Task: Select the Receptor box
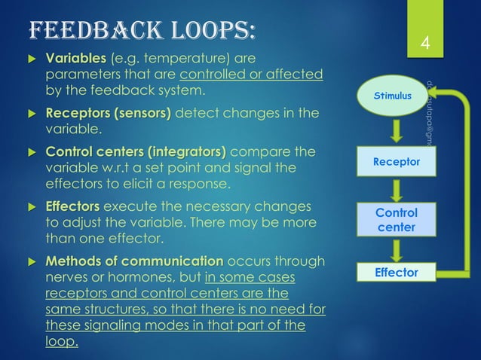click(397, 161)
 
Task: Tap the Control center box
click(397, 219)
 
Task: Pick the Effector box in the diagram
click(397, 272)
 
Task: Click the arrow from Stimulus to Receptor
click(397, 130)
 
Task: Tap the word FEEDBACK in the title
click(89, 29)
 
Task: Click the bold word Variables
click(77, 59)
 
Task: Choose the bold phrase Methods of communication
click(134, 261)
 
